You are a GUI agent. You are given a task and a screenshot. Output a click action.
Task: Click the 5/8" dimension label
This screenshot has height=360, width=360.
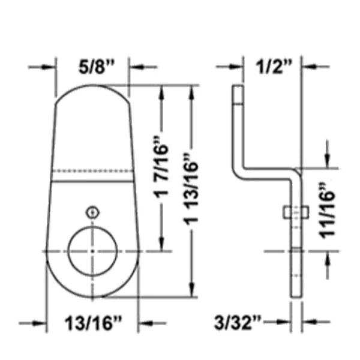click(96, 67)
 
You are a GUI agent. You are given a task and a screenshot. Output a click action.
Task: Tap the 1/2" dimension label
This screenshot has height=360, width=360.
click(274, 67)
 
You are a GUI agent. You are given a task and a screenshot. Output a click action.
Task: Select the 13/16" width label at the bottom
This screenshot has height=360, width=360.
click(93, 323)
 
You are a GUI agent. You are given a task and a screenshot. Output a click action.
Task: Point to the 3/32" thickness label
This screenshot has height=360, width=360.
click(238, 322)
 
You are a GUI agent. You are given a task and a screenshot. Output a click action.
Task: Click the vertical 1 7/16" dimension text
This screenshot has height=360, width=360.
click(161, 167)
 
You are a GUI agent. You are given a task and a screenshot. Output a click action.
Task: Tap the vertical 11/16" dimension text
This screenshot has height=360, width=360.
click(328, 211)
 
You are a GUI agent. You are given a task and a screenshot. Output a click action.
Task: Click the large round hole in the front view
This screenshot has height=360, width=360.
click(92, 251)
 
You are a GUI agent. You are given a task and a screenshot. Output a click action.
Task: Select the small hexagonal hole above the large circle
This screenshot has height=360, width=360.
click(92, 212)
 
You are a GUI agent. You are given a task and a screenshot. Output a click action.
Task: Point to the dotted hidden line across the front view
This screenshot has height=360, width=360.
click(92, 171)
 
